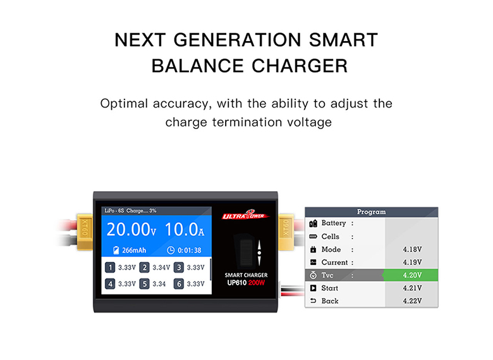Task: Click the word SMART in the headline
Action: click(x=343, y=40)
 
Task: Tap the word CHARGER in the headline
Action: click(x=300, y=66)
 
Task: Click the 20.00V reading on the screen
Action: click(x=131, y=230)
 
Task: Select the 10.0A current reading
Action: click(x=185, y=230)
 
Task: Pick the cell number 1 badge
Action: click(x=110, y=268)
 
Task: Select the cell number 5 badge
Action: click(x=144, y=284)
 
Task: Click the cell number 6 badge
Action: click(x=179, y=284)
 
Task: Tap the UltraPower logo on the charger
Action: click(x=246, y=214)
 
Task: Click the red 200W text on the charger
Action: click(x=257, y=283)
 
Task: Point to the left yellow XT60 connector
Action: click(x=85, y=232)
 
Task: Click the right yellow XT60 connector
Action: click(x=286, y=232)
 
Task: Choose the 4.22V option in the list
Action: click(x=412, y=301)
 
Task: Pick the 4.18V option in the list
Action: click(x=412, y=249)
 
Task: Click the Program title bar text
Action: click(x=371, y=212)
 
